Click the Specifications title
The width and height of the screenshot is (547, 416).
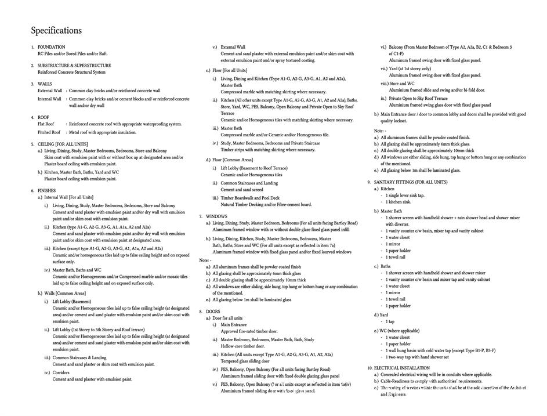point(56,31)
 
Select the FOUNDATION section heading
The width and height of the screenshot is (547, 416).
point(51,47)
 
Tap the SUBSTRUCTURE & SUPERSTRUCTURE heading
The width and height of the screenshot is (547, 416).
point(74,66)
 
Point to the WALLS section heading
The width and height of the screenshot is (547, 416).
point(45,84)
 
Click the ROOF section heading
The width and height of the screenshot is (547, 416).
point(44,117)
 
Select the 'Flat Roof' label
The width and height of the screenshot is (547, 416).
point(46,124)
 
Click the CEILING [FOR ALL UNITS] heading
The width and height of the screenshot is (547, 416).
point(63,144)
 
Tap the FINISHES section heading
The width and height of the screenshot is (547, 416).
point(46,190)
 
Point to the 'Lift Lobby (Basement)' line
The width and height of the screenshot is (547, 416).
point(72,302)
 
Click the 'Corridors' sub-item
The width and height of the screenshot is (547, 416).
point(61,372)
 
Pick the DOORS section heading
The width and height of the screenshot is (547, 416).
point(213,312)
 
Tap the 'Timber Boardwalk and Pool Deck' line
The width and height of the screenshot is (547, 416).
point(249,198)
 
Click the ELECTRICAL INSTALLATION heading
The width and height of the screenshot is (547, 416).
point(401,368)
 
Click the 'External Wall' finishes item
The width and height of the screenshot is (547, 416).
point(233,47)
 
